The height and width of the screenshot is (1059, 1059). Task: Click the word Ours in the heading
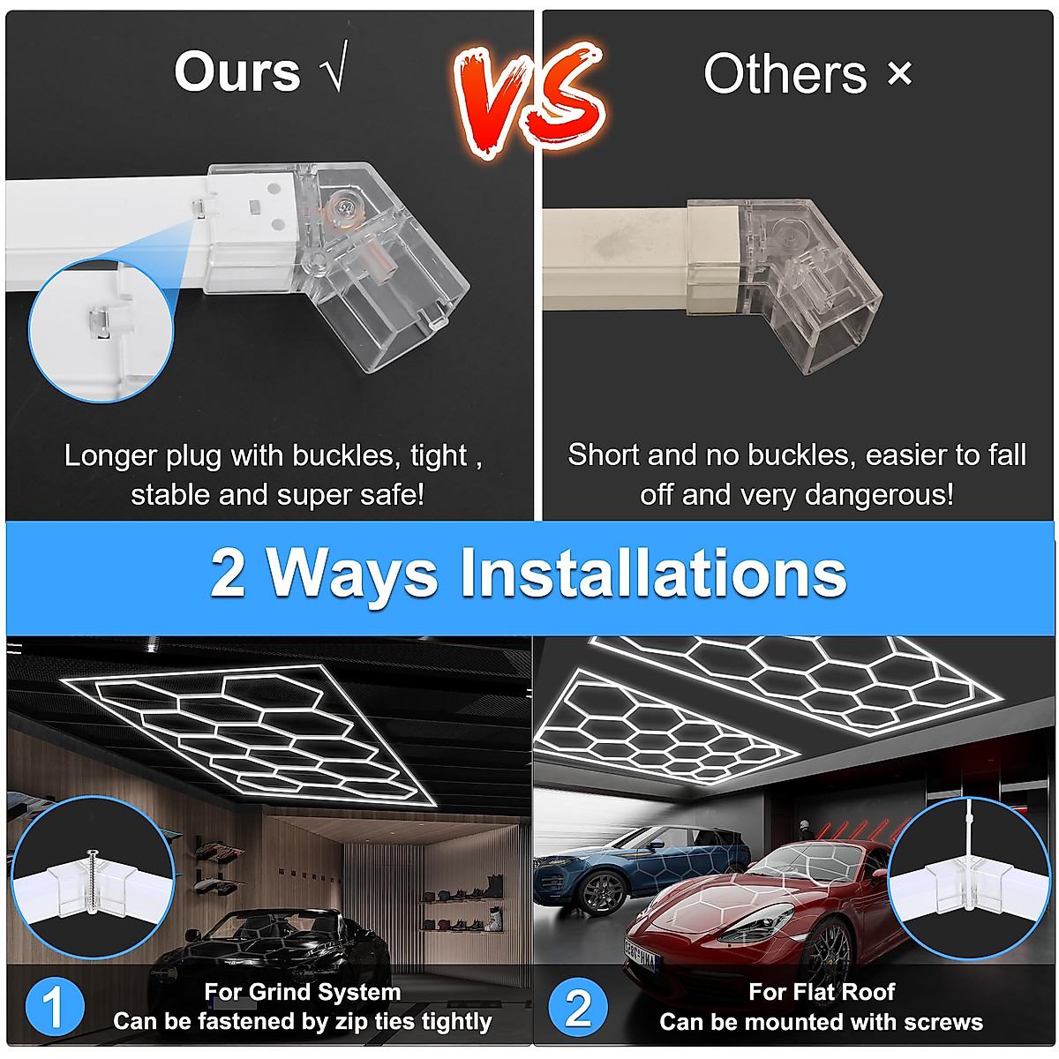[x=237, y=72]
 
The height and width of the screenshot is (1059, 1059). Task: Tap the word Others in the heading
[x=785, y=74]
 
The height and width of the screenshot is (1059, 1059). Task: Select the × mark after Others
[x=899, y=73]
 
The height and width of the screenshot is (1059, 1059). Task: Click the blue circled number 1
[x=54, y=1007]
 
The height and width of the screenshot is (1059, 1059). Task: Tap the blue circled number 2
[x=578, y=1007]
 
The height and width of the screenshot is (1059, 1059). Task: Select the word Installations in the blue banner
[x=653, y=574]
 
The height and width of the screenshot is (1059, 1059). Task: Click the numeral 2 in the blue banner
[x=228, y=574]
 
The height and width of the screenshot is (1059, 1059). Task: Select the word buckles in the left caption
[x=347, y=456]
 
